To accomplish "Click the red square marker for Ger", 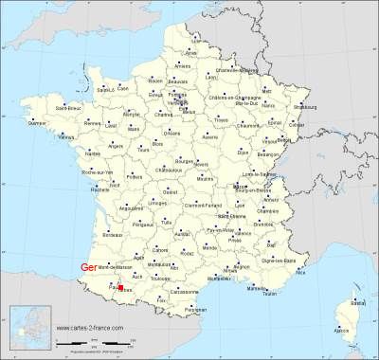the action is click(120, 287).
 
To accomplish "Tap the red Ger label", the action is click(89, 266).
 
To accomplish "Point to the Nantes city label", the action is click(92, 153).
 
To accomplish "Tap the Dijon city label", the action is click(244, 152).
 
